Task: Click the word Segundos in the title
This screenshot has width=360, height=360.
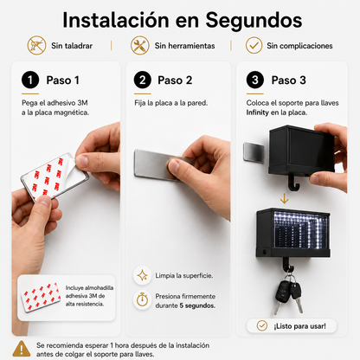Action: (254, 21)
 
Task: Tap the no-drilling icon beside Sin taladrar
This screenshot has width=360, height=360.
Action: (36, 46)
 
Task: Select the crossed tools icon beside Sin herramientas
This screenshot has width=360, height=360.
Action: (140, 46)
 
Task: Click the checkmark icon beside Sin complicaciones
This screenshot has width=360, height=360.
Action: (254, 46)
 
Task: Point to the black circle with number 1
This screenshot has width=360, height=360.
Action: (30, 80)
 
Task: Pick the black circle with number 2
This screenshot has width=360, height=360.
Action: (143, 80)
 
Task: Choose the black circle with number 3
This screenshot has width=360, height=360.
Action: (255, 80)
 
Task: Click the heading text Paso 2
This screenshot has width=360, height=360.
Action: (175, 80)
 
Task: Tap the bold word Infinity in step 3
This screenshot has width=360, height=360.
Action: (257, 112)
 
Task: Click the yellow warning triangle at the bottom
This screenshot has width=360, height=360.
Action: (22, 349)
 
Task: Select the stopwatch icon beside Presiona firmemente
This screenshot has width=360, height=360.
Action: (143, 300)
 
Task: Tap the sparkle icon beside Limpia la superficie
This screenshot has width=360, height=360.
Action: (143, 275)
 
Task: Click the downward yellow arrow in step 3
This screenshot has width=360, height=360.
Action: (285, 198)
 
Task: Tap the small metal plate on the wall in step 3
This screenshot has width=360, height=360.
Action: (254, 152)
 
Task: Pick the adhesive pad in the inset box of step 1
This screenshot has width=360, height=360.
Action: (42, 297)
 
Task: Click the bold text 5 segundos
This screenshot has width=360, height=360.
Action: (197, 305)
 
